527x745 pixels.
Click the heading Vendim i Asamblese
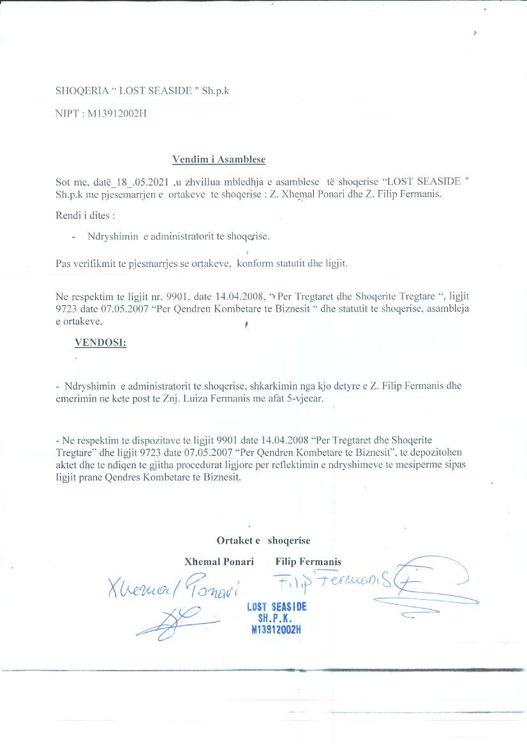[x=218, y=159]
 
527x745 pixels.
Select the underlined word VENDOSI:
[x=100, y=342]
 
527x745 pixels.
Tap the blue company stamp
[x=276, y=618]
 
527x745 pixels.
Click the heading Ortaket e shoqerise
[x=263, y=540]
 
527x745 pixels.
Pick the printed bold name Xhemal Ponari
[x=219, y=561]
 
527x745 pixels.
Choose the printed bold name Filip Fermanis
[x=308, y=561]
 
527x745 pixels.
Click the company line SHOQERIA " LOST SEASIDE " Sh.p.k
[x=142, y=90]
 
